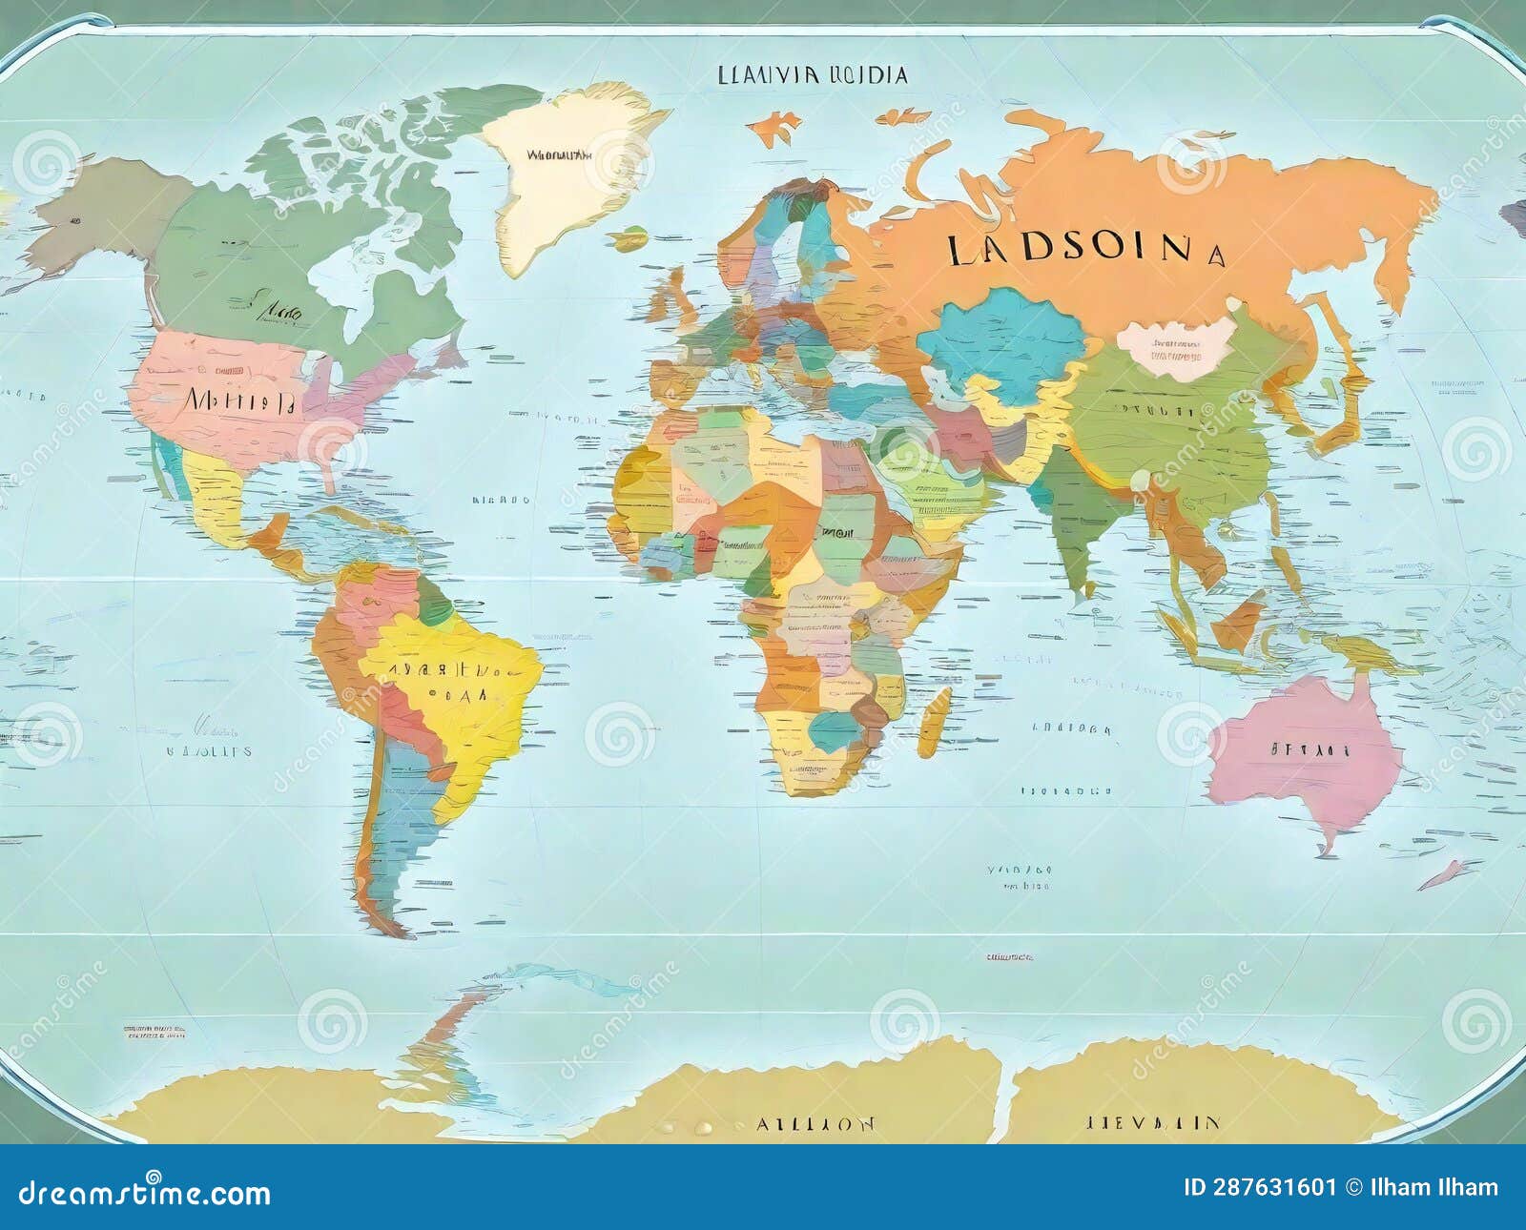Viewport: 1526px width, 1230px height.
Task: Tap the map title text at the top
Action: (x=812, y=75)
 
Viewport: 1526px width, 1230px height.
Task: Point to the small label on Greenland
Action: (x=559, y=154)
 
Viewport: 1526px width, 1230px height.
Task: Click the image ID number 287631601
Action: (x=1259, y=1188)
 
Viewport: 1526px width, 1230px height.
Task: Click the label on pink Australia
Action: (x=1310, y=749)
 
